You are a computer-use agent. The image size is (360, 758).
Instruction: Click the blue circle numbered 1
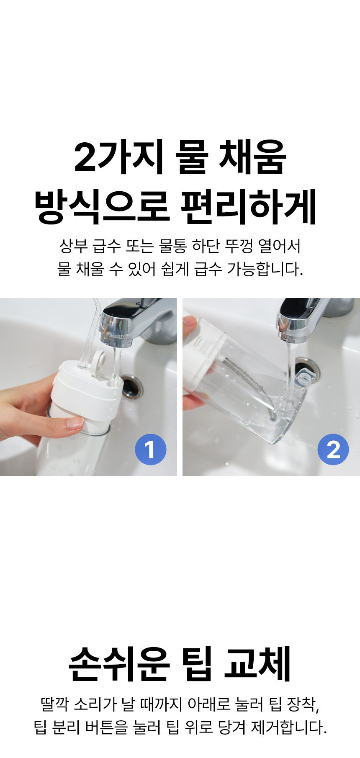coord(151,450)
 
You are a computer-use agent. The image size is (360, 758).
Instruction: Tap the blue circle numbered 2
coord(333,450)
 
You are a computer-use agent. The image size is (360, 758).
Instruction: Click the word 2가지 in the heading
coord(118,158)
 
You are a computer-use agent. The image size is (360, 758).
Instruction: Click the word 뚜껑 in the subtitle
coord(239,246)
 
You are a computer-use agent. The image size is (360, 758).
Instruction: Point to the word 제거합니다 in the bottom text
coord(289,727)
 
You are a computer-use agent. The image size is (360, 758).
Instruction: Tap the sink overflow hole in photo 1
coord(132,387)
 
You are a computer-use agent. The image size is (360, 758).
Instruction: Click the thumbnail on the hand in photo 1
coord(75,423)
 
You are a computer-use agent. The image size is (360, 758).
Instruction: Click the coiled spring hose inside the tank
coord(247,385)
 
